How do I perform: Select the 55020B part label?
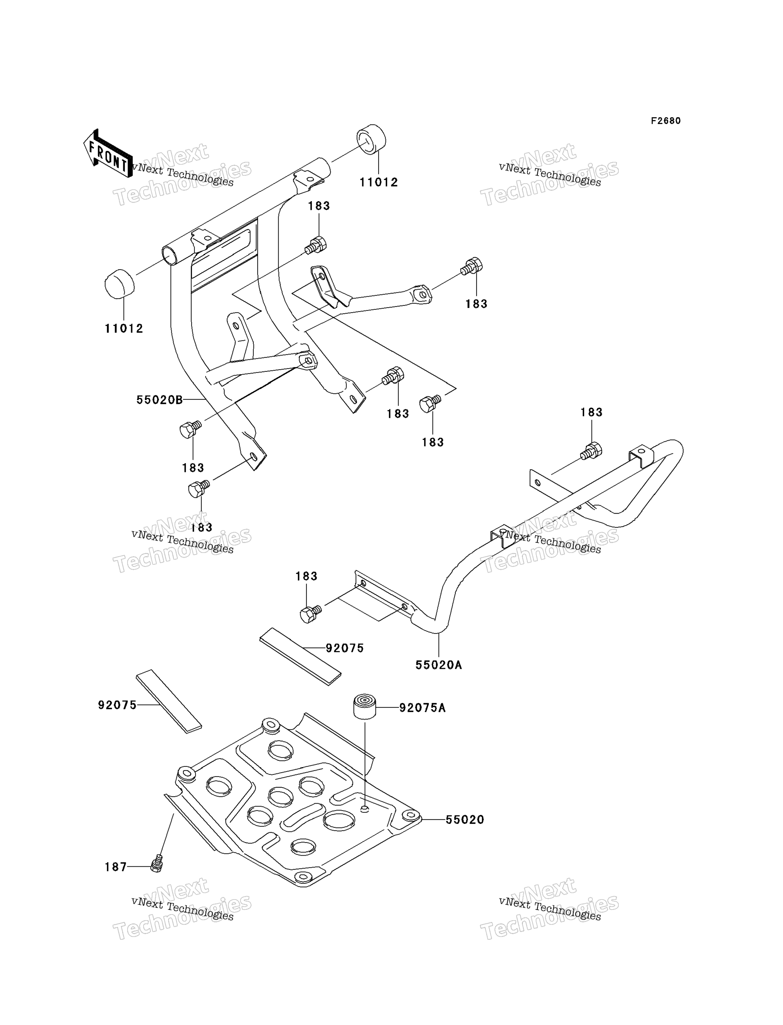pos(159,400)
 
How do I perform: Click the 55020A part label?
pos(439,665)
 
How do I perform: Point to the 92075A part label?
pos(422,708)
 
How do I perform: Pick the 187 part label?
pos(115,867)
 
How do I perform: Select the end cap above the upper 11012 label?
pos(372,139)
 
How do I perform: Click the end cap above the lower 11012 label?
pos(119,283)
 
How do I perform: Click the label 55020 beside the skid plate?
pos(465,820)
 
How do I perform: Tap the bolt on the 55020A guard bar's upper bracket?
pos(591,451)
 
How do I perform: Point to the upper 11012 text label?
pos(378,182)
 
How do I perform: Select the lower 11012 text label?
pos(124,328)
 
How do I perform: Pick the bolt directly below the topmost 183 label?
pos(316,245)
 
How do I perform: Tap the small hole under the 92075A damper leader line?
pos(365,809)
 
